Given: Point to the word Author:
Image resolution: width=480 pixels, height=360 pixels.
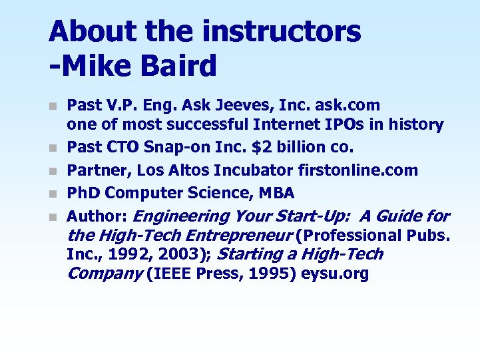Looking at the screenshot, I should point(99,216).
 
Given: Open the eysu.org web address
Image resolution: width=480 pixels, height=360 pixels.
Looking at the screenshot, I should point(335,274).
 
